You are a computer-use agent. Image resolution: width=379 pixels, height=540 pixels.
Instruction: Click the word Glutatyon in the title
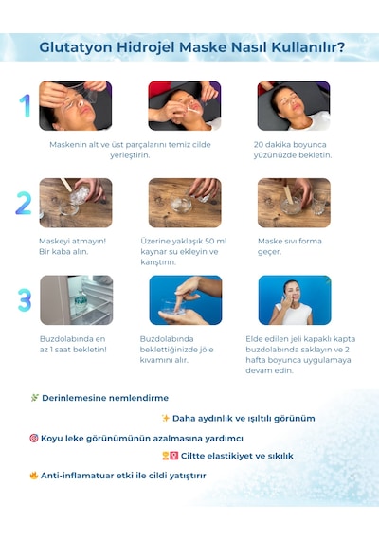[76, 47]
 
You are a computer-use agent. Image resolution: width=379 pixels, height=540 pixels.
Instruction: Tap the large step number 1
[26, 106]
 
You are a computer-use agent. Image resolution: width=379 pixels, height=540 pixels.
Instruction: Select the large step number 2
[24, 203]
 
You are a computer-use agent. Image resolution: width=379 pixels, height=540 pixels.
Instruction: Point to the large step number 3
[25, 300]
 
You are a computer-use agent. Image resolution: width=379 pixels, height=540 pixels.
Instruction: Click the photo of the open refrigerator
[77, 300]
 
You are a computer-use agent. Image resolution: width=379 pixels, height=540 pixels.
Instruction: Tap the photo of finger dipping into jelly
[186, 300]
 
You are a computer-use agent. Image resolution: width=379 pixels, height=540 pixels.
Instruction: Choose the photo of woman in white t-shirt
[295, 300]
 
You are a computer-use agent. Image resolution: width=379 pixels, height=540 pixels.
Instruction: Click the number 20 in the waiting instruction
[259, 145]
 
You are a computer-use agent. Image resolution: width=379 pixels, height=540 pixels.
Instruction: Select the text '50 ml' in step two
[216, 241]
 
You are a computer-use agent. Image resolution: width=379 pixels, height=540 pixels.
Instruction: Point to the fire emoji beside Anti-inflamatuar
[34, 476]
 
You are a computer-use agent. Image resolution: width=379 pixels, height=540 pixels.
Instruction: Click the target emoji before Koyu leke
[34, 438]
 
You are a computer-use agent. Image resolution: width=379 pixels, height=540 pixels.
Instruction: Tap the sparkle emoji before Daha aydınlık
[166, 418]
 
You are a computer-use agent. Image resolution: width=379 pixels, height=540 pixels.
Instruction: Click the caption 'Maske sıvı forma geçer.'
[290, 246]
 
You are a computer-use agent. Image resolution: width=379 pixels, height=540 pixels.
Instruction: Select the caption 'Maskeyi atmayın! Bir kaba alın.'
[73, 246]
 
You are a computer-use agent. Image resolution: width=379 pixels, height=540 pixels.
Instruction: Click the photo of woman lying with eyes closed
[294, 106]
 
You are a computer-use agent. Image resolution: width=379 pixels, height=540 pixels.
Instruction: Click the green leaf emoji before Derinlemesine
[34, 398]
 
